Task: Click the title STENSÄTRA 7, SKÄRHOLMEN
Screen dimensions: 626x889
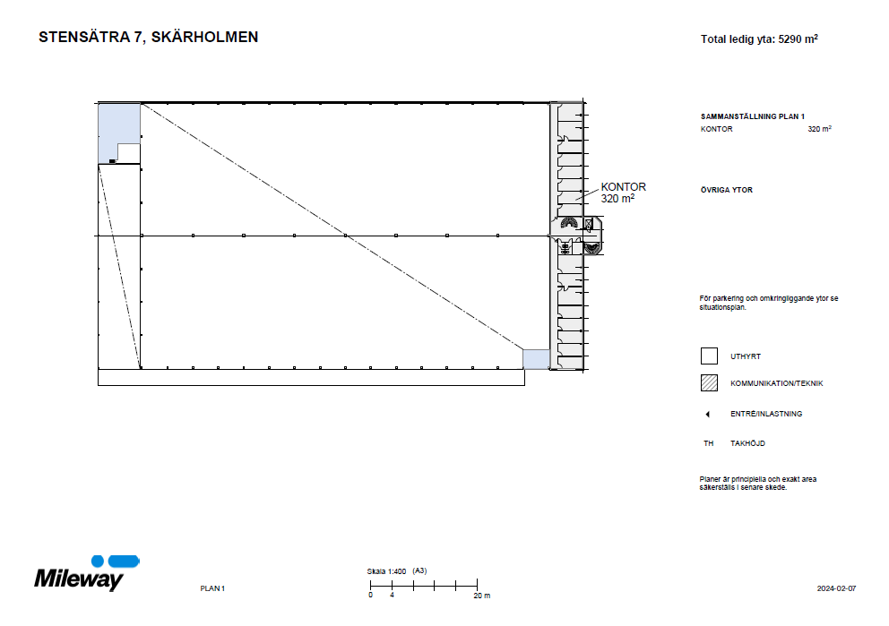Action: [x=148, y=38]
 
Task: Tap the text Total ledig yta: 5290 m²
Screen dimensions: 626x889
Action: [x=759, y=39]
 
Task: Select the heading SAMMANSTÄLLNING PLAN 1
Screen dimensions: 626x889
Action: [x=753, y=116]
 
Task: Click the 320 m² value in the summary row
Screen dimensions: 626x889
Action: [x=819, y=129]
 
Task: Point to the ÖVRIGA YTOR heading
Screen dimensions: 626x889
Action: [x=726, y=190]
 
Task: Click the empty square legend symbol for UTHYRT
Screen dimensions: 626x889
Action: [x=709, y=356]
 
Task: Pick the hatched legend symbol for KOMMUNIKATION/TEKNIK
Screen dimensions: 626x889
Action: [x=709, y=383]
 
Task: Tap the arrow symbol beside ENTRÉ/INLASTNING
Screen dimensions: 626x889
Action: [x=707, y=414]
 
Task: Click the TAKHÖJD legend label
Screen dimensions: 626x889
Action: [x=747, y=443]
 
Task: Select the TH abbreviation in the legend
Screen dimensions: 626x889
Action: [x=708, y=443]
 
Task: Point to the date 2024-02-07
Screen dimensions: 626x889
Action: [x=836, y=588]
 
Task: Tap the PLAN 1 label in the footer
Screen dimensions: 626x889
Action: [x=211, y=588]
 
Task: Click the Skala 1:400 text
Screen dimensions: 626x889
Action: [x=386, y=570]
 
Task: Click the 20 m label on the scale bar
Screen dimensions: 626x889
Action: [x=481, y=596]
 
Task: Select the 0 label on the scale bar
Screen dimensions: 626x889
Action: [x=370, y=596]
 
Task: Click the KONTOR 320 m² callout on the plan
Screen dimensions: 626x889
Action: [x=623, y=193]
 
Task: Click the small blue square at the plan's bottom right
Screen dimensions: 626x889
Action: [x=535, y=358]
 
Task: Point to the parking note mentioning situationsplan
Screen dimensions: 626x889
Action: [x=768, y=302]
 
